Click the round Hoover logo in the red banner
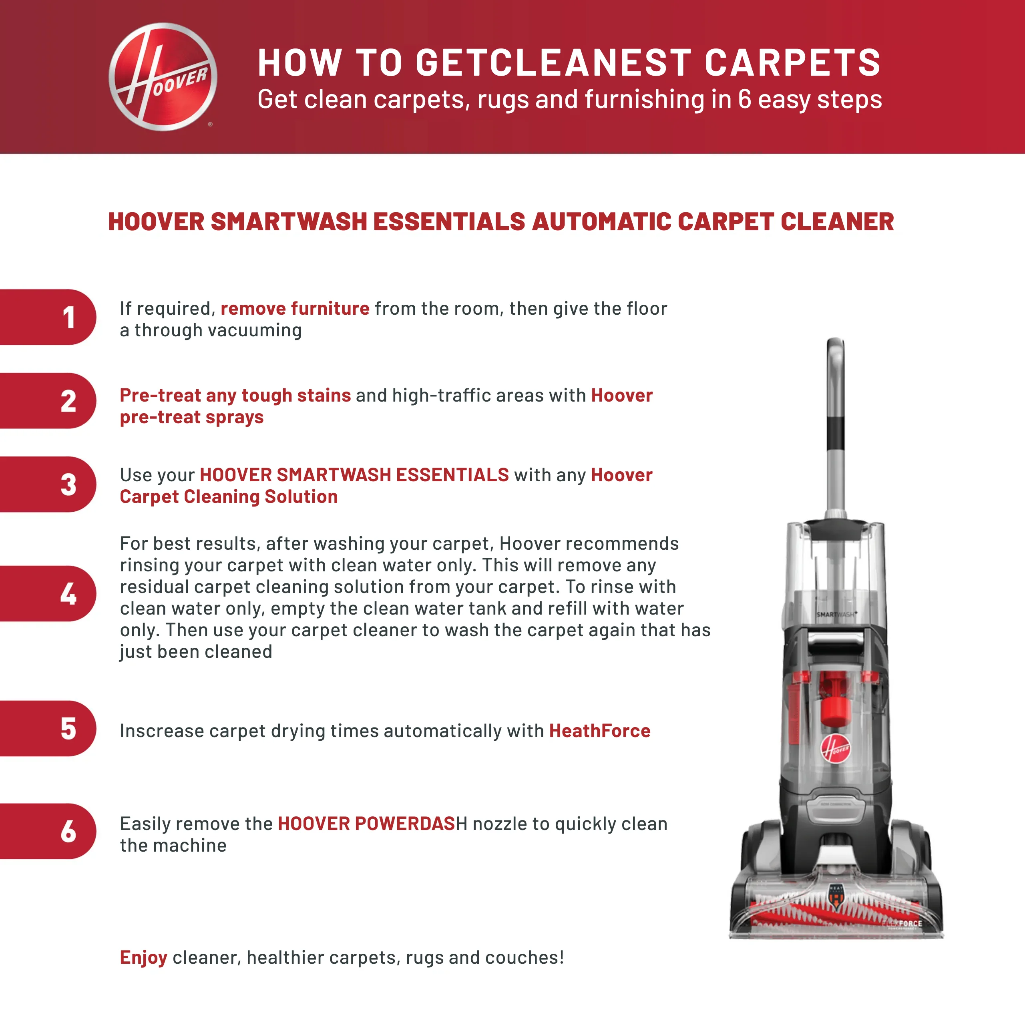(163, 77)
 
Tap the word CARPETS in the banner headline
(793, 62)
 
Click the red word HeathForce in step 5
(599, 731)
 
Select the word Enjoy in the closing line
(143, 958)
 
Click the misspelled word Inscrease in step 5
(162, 731)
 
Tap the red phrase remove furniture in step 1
(295, 308)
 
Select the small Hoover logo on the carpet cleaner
(836, 749)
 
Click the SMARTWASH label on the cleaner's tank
(836, 614)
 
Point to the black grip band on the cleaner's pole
(836, 433)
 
